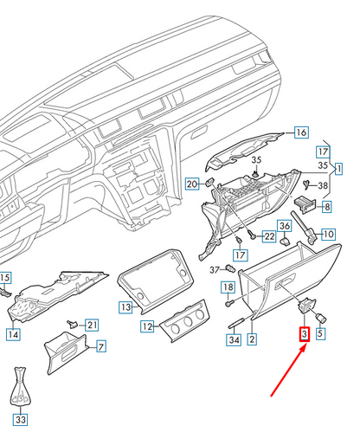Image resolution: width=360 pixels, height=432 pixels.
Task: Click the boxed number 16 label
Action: (x=300, y=132)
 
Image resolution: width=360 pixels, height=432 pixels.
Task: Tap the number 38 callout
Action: (x=323, y=185)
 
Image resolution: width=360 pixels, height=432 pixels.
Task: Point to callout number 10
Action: (x=328, y=234)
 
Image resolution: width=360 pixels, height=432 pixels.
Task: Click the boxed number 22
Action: (x=269, y=236)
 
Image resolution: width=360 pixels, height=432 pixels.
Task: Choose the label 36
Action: (x=286, y=226)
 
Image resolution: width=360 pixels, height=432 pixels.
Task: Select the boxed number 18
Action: (x=228, y=287)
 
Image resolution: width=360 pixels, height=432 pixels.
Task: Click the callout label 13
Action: (x=125, y=306)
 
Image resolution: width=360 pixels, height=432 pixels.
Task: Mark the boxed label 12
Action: (x=147, y=327)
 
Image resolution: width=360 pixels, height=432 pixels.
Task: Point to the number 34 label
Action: (x=233, y=340)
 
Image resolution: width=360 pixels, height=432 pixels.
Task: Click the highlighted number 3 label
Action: (x=304, y=333)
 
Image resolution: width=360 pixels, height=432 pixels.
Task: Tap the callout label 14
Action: (x=12, y=333)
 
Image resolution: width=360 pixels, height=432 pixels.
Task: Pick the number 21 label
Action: (x=92, y=325)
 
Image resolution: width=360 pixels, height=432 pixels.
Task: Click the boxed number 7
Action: (x=100, y=347)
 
